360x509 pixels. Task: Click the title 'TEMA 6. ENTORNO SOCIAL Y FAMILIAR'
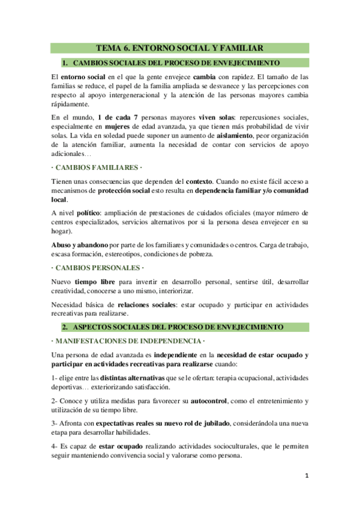(x=180, y=49)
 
